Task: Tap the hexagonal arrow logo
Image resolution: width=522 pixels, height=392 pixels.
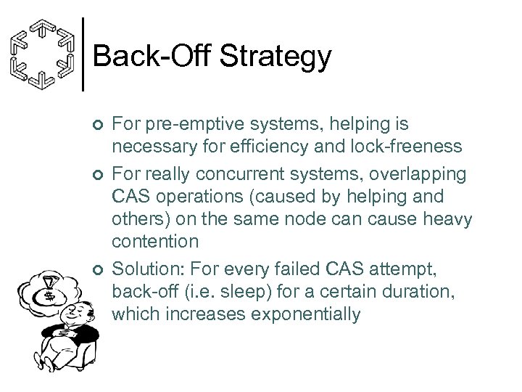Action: (44, 54)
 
